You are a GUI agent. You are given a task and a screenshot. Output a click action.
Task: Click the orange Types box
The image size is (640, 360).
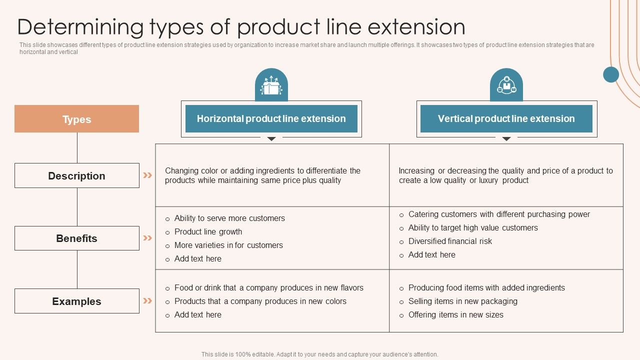tap(76, 119)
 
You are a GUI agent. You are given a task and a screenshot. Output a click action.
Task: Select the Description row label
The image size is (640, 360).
tap(76, 175)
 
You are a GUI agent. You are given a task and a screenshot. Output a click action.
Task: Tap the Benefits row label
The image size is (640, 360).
tap(76, 238)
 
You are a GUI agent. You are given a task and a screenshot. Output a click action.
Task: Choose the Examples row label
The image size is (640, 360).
tap(76, 301)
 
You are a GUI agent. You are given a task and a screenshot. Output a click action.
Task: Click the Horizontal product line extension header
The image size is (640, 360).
tap(271, 118)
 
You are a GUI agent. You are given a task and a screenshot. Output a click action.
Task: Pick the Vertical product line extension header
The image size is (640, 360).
tap(506, 118)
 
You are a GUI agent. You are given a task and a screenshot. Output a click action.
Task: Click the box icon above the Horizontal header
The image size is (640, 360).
tap(271, 86)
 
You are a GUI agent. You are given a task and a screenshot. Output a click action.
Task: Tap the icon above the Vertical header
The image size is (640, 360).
tap(506, 86)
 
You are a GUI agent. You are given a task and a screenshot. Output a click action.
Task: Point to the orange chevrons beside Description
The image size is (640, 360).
tap(147, 175)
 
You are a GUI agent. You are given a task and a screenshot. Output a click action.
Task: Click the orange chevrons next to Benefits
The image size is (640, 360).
tap(147, 238)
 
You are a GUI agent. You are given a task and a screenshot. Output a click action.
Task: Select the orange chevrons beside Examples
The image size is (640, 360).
tap(147, 300)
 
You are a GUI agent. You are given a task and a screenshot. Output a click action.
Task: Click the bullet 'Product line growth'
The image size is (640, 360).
tap(208, 231)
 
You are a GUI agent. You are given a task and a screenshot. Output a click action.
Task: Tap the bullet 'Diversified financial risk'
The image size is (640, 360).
tap(450, 241)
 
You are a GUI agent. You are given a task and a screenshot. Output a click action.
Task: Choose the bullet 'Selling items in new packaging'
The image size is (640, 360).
tap(462, 301)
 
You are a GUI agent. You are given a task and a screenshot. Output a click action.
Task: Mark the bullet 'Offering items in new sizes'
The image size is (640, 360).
tap(455, 314)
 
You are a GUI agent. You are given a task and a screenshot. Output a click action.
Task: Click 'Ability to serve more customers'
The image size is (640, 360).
tap(229, 218)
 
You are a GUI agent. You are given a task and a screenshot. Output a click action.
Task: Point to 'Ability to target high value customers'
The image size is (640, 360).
tap(473, 227)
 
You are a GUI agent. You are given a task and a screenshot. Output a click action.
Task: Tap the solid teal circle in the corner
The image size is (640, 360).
tap(611, 74)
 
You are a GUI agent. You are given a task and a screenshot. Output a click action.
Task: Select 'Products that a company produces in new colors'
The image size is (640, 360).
tap(260, 301)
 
